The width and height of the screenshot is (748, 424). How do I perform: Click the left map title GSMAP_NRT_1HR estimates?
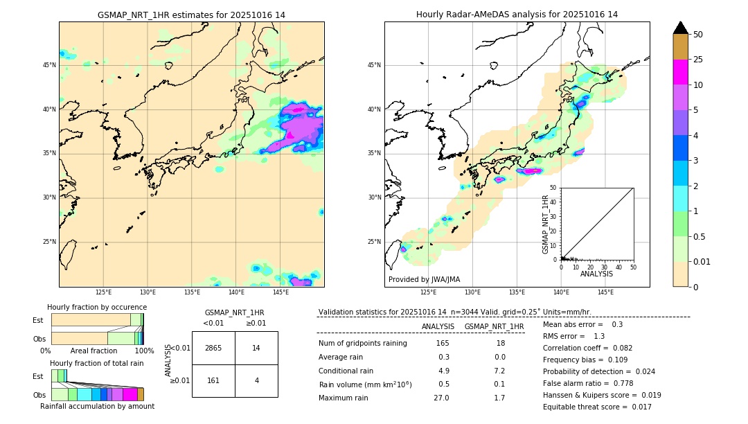tap(191, 15)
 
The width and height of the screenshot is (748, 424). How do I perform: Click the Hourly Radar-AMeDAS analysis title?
tap(517, 15)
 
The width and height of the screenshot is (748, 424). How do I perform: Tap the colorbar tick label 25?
tap(699, 60)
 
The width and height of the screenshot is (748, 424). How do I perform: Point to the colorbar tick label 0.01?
tap(702, 261)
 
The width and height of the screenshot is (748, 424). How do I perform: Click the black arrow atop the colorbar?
tap(681, 28)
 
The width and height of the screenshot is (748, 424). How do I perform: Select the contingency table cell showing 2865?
tap(213, 348)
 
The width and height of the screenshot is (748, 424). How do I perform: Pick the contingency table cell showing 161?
tap(213, 380)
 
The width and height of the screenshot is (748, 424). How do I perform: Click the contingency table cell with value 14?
tap(256, 348)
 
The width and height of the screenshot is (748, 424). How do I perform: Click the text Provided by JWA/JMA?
tap(424, 279)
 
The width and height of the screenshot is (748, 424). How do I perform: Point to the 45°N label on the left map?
tap(49, 65)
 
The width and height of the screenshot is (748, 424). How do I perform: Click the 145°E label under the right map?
tap(605, 292)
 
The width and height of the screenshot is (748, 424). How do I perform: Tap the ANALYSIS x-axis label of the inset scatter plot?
tap(596, 274)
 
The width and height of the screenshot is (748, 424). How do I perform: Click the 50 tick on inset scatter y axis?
tap(553, 188)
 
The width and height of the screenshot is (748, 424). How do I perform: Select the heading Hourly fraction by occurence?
tap(97, 307)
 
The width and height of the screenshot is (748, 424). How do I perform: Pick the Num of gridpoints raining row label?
tap(362, 343)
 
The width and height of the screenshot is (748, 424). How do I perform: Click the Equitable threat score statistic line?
tap(597, 407)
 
